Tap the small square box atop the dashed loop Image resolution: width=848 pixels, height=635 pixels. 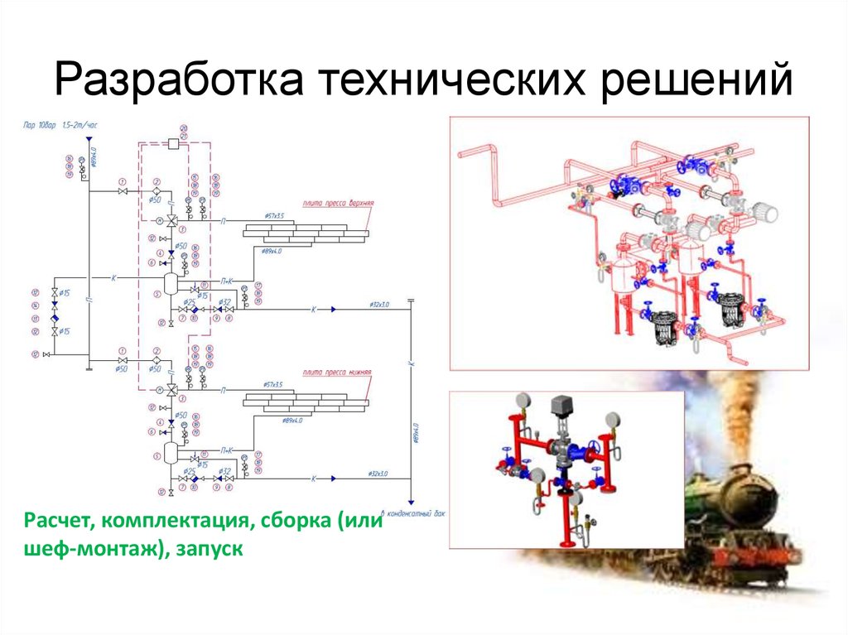174,144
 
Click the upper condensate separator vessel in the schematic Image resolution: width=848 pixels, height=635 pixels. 170,283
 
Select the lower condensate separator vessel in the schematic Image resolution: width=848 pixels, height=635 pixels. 170,452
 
